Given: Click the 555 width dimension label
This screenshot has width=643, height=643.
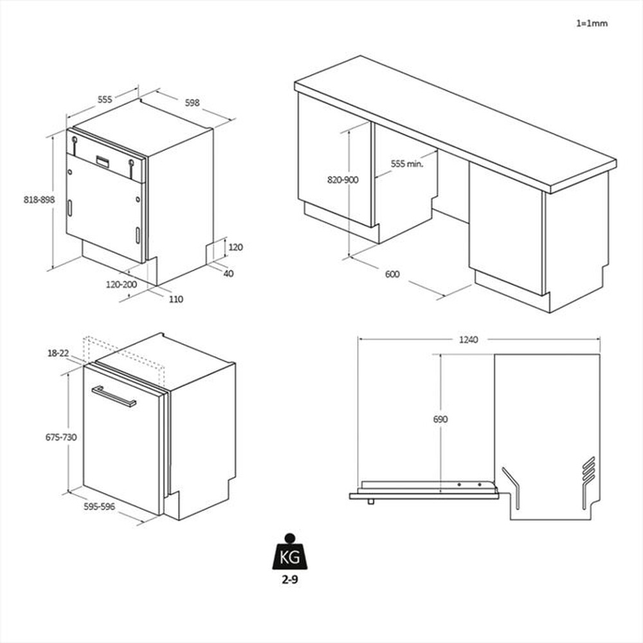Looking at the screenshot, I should (x=105, y=99).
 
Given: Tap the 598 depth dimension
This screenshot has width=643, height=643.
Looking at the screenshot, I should (x=192, y=102).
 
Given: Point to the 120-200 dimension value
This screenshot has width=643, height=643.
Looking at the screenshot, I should (x=122, y=284).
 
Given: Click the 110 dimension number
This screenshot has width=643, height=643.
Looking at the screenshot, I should (x=176, y=299).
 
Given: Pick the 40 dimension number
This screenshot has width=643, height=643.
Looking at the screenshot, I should (x=229, y=273).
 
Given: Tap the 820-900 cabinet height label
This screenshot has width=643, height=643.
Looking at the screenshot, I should (x=343, y=180).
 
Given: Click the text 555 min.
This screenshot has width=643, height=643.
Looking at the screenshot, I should (x=406, y=164).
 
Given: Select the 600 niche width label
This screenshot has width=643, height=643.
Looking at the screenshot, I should (x=392, y=275).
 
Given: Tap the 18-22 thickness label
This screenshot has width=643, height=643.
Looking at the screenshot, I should (x=58, y=353).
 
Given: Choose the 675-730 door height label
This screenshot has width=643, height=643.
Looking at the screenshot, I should (x=61, y=437).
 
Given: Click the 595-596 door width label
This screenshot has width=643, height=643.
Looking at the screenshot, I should (x=99, y=507).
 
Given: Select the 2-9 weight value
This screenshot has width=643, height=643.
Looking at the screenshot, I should (x=290, y=579).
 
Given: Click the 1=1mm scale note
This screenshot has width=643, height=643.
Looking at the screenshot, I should (x=592, y=23).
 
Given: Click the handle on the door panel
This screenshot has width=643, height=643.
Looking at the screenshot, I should (x=114, y=396).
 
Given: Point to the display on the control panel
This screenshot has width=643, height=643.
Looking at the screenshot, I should (x=104, y=159).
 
